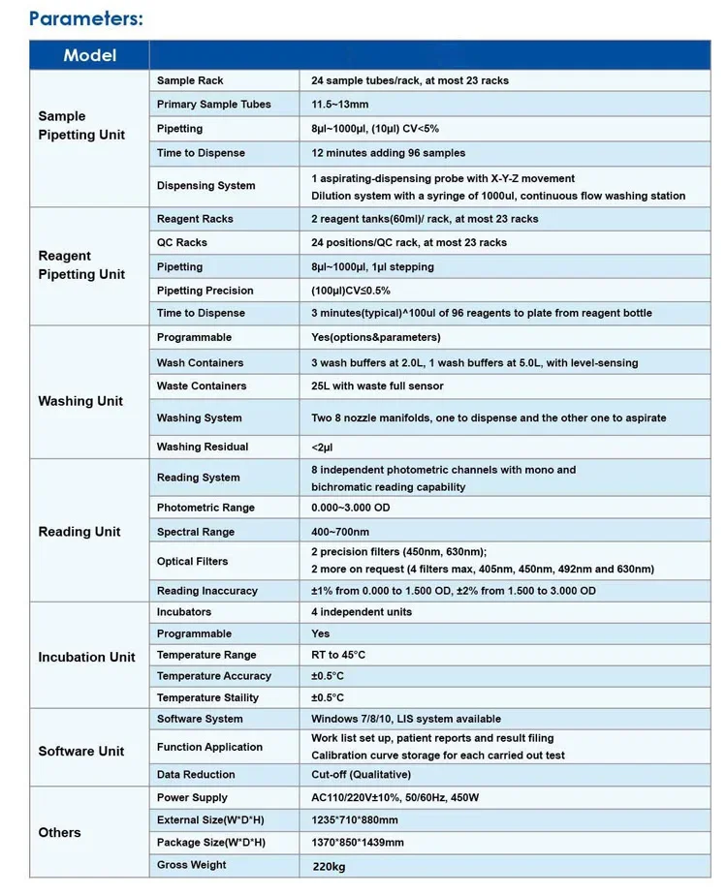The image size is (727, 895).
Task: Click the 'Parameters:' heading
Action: [86, 17]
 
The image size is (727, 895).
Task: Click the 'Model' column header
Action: [89, 55]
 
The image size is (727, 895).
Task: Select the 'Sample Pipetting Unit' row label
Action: [81, 126]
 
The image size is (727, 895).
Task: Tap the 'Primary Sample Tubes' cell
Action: [213, 105]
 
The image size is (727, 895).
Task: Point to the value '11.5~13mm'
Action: [339, 105]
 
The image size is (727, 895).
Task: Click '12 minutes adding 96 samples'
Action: [388, 153]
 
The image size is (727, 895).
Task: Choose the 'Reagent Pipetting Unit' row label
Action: [81, 265]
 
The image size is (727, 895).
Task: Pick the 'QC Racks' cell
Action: [182, 242]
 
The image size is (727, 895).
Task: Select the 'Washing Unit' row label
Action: [80, 401]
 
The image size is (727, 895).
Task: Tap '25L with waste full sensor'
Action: [377, 386]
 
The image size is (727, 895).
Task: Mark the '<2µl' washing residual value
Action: [322, 447]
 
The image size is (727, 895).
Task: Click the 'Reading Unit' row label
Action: [79, 532]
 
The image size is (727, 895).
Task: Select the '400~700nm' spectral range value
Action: [340, 532]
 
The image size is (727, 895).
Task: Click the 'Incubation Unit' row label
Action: [86, 657]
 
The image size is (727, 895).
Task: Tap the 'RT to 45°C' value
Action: [338, 655]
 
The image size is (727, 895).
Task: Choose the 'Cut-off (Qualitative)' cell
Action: [361, 774]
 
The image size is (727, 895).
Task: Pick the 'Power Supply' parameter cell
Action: [192, 797]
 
